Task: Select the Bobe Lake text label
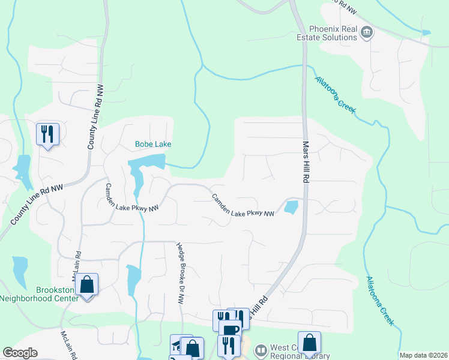click(x=153, y=145)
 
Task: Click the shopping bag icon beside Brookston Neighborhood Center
click(x=87, y=286)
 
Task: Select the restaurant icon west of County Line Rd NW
click(x=47, y=134)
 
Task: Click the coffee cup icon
click(x=229, y=330)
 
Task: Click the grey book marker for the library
click(x=261, y=349)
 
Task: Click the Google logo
click(x=20, y=353)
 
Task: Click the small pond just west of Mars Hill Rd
click(x=291, y=208)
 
